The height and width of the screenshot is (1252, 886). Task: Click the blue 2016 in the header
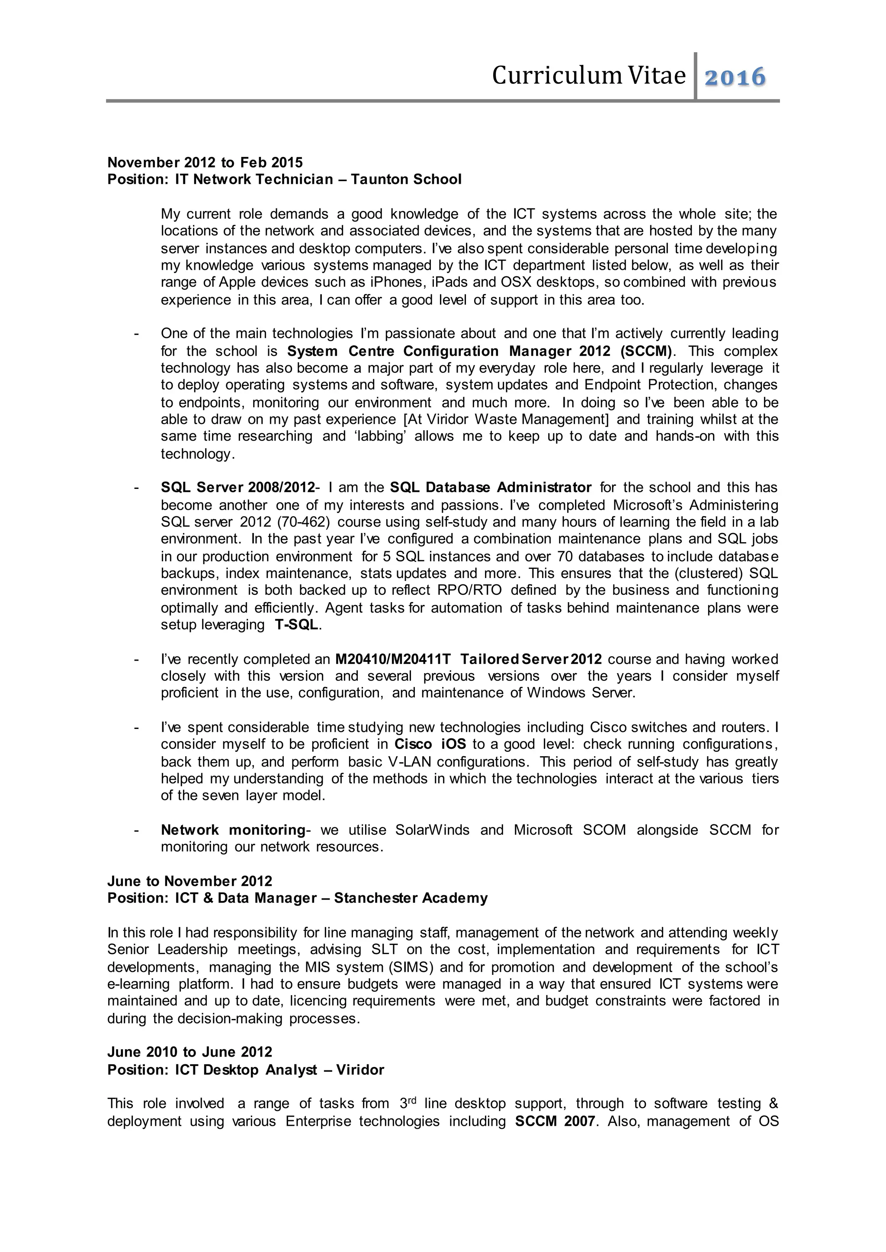click(x=735, y=77)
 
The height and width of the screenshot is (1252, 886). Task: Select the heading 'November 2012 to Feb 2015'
click(x=205, y=163)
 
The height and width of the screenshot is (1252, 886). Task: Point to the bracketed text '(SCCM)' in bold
click(x=645, y=351)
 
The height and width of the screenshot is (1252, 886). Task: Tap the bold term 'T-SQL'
click(x=296, y=625)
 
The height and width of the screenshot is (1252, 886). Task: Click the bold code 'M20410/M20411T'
click(x=393, y=659)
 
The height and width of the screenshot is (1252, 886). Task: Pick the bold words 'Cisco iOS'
click(x=430, y=744)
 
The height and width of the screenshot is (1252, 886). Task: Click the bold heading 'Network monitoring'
click(x=233, y=830)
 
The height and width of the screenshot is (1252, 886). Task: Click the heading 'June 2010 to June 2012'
click(x=189, y=1052)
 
